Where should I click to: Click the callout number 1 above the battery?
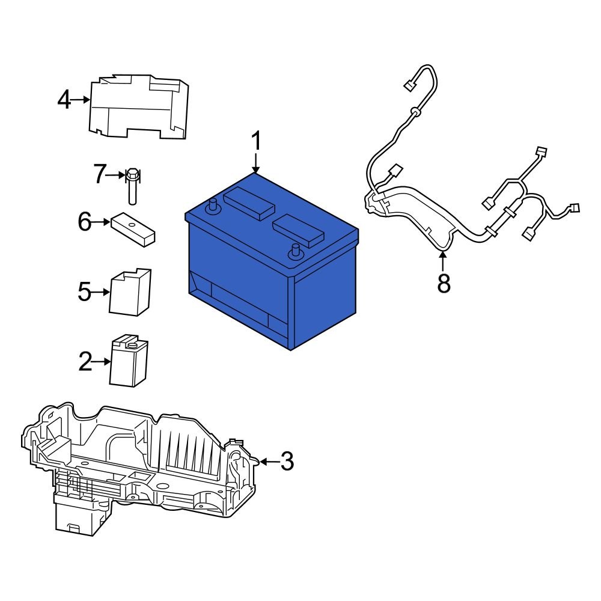pyautogui.click(x=256, y=142)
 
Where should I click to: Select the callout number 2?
pyautogui.click(x=87, y=361)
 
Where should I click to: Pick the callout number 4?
pyautogui.click(x=64, y=100)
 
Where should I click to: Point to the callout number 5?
pyautogui.click(x=85, y=293)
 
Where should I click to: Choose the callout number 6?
pyautogui.click(x=85, y=222)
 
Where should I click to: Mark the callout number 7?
pyautogui.click(x=100, y=175)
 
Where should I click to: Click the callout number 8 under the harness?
pyautogui.click(x=444, y=284)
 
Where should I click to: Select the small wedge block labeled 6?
pyautogui.click(x=133, y=230)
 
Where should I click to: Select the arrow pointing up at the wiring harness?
pyautogui.click(x=444, y=261)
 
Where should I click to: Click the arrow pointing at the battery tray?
pyautogui.click(x=268, y=462)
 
